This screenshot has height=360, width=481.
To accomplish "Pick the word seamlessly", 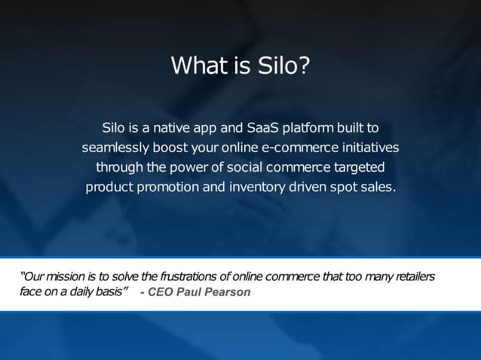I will pos(115,147).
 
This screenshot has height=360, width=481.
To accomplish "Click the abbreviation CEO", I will pos(161,292).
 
